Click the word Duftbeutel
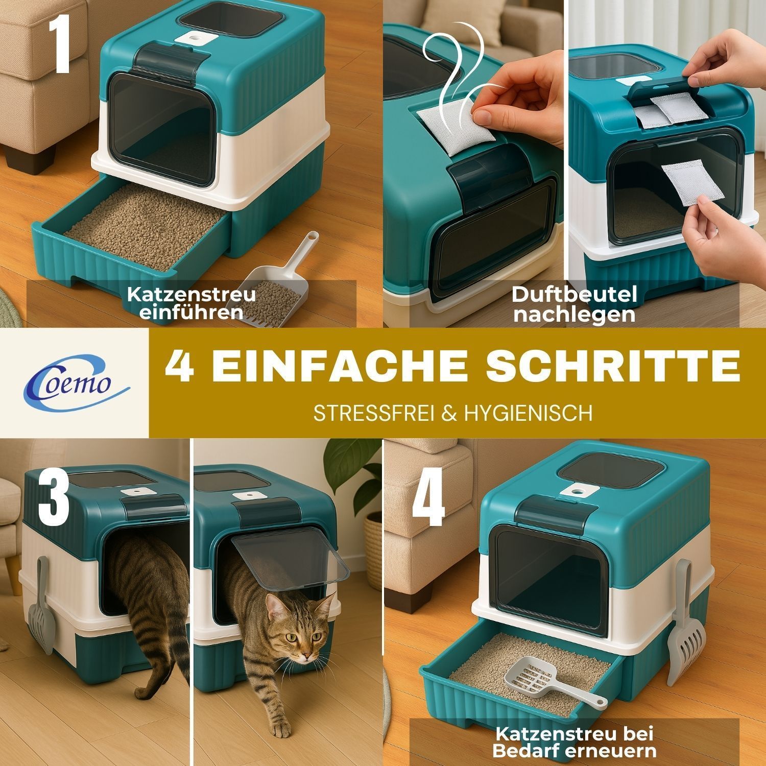coord(575,295)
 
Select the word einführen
coord(192,312)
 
